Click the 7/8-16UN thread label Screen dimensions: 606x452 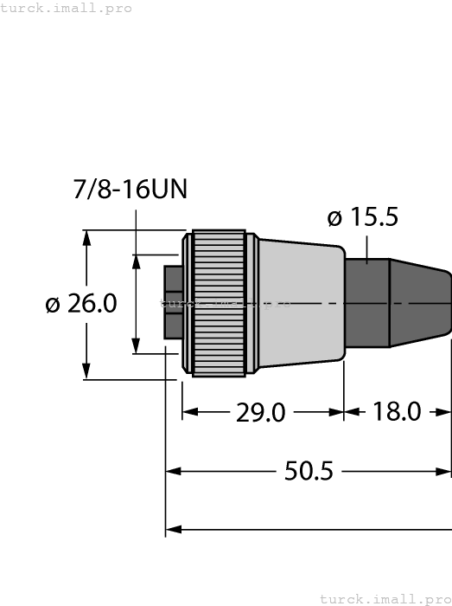coord(130,190)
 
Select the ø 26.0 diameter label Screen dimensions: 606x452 coord(80,304)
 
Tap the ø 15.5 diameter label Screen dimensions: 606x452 coord(363,217)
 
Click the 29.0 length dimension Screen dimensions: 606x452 coord(260,412)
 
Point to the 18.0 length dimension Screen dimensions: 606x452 coord(397,412)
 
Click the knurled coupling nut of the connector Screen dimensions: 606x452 coord(218,303)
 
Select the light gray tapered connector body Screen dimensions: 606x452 coord(298,303)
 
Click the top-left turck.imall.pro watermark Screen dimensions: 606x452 coord(67,8)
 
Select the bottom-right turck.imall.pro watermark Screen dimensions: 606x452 coord(385,598)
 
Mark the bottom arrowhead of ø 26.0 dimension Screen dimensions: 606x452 coord(86,371)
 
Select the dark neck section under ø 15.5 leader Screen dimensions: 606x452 coord(366,303)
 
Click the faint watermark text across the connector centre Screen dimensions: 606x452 coord(225,303)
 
